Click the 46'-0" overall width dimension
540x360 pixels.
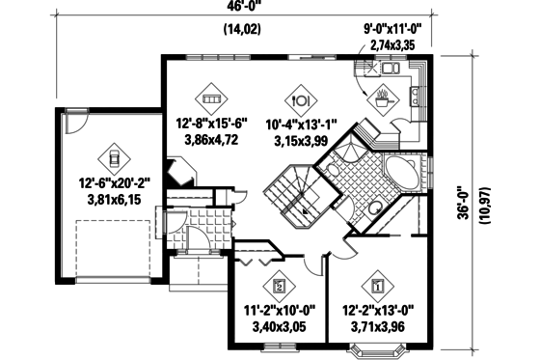tap(253, 8)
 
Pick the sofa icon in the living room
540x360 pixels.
tap(211, 97)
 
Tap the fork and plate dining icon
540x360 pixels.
tap(299, 97)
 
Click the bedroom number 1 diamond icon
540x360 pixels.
tap(377, 286)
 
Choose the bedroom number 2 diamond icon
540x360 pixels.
tap(279, 286)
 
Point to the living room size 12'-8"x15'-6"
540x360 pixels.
tap(211, 124)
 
